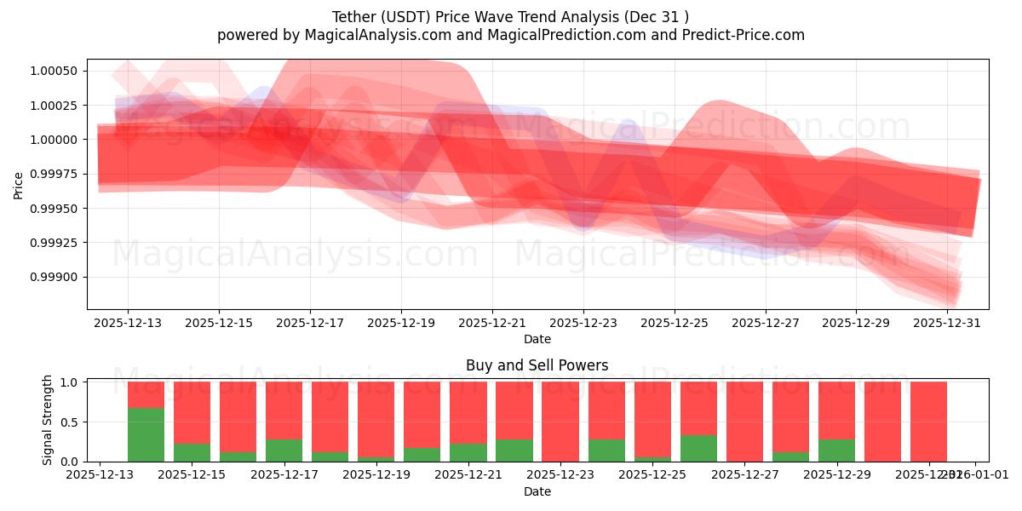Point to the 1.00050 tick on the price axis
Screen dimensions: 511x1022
coord(53,71)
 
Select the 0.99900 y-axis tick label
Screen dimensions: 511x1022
coord(53,277)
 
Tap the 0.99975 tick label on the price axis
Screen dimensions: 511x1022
coord(53,174)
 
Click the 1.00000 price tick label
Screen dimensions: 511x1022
coord(53,140)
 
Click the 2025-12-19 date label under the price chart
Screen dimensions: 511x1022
coord(401,324)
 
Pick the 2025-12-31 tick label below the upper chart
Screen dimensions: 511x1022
coord(948,324)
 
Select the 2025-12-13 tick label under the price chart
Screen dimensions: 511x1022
coord(128,324)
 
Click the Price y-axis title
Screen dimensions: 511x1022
coord(18,184)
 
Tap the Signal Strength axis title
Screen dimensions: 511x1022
coord(48,420)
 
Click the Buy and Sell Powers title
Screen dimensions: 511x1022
coord(537,365)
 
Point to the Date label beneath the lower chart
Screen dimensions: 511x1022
coord(537,491)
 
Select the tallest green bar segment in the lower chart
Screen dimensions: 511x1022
coord(146,434)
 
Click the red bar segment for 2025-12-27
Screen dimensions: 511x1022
coord(744,421)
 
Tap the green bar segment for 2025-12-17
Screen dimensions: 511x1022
coord(284,450)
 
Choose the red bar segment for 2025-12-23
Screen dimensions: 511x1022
coord(560,421)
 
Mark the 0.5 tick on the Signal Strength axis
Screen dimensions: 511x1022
coord(74,422)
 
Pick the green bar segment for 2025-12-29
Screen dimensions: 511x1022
coord(836,450)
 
